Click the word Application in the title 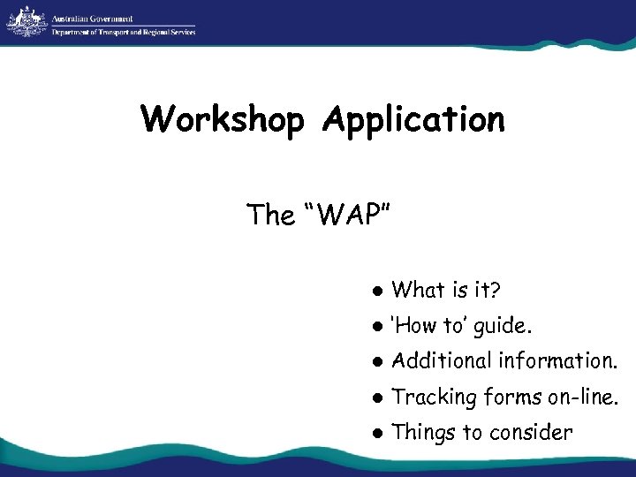[x=413, y=118]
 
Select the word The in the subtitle [x=271, y=215]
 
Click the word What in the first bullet [x=419, y=289]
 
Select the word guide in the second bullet [x=503, y=326]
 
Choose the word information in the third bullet [x=558, y=360]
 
